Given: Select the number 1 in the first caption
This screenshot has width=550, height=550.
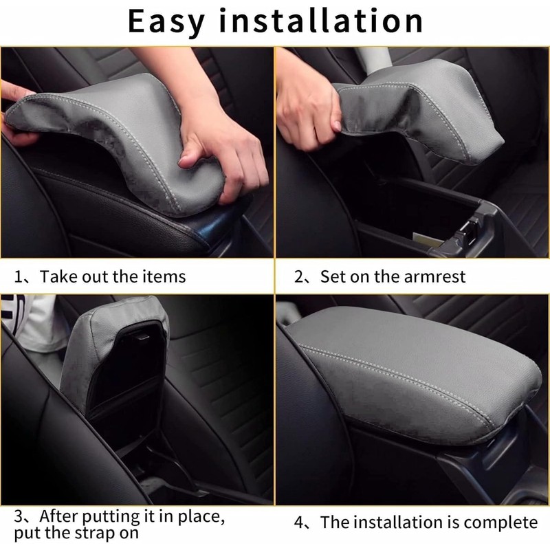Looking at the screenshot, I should point(19,277).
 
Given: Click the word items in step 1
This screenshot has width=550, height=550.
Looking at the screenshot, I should point(163,276).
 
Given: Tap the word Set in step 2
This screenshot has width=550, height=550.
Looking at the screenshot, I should point(332,276).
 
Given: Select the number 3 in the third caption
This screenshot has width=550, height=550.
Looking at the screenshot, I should point(19,515).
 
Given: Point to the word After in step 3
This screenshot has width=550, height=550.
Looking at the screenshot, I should point(58,515).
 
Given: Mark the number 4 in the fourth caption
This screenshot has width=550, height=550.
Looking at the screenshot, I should point(299,523).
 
